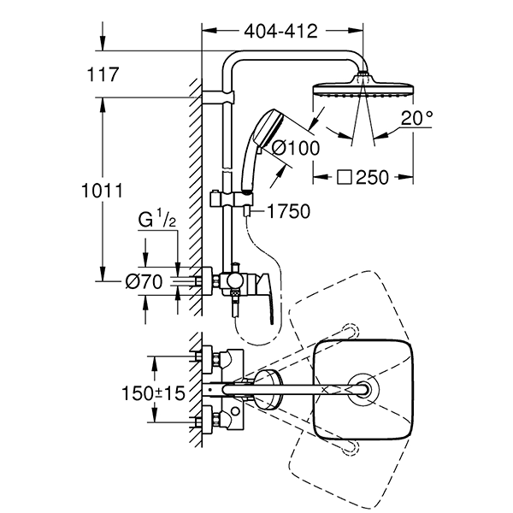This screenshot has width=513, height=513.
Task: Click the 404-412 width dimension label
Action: (280, 32)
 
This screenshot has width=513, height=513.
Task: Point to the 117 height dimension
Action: (103, 74)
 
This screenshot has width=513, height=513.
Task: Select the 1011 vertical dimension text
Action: (102, 191)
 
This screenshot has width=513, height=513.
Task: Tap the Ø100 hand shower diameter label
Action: (296, 148)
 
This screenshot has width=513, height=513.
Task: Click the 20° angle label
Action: (417, 119)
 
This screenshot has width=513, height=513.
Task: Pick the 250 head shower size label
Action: (372, 177)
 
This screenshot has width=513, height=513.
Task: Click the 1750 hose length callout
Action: (289, 211)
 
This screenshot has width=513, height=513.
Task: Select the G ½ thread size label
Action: (157, 219)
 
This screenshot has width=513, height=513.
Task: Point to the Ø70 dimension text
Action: (144, 281)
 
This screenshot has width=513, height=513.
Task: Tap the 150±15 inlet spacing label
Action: (153, 393)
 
